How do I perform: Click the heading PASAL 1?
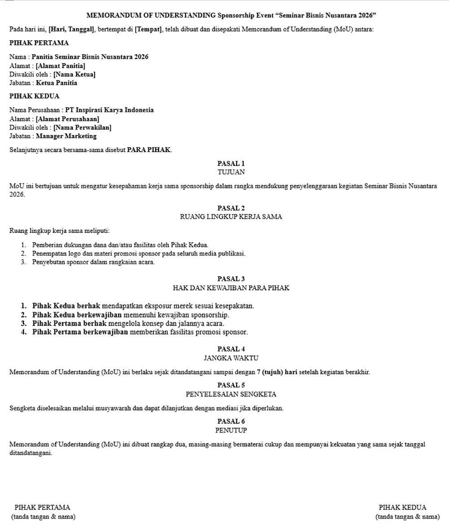[x=231, y=163]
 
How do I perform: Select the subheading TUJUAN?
[x=231, y=172]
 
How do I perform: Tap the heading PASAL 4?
[x=231, y=348]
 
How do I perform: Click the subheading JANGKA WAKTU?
[x=231, y=358]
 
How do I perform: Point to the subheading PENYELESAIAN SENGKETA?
[x=231, y=394]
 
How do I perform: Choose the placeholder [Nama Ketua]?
[x=74, y=74]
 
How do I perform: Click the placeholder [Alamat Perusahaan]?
[x=67, y=119]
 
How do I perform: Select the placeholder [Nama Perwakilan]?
[x=82, y=127]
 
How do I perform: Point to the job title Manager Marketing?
[x=66, y=136]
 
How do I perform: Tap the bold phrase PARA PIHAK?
[x=149, y=150]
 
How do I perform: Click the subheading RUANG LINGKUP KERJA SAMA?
[x=231, y=217]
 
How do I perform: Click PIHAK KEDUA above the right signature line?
[x=402, y=508]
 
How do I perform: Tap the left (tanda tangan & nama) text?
[x=43, y=517]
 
